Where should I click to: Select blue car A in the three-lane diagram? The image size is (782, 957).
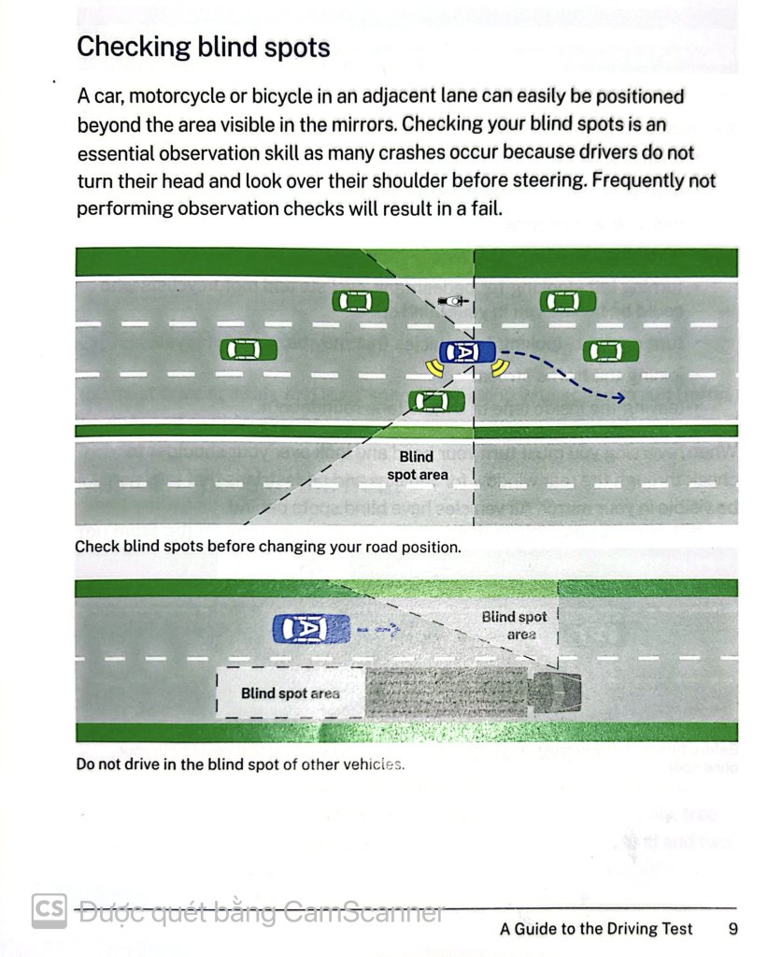467,352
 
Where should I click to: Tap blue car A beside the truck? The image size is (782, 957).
311,629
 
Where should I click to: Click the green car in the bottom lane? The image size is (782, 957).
436,401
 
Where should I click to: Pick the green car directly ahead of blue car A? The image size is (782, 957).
611,351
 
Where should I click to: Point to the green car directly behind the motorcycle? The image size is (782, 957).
360,301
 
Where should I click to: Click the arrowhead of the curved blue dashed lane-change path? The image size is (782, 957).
618,398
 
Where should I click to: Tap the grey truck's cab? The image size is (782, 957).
554,693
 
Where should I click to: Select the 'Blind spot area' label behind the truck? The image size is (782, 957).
290,693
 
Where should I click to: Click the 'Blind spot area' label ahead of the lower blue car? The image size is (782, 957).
514,625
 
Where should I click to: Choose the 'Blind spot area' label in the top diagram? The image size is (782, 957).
418,465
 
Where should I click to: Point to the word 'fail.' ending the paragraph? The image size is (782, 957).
486,208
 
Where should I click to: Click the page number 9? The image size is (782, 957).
733,928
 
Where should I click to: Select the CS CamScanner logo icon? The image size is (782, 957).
49,910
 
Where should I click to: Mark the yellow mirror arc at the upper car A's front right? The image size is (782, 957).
500,368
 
